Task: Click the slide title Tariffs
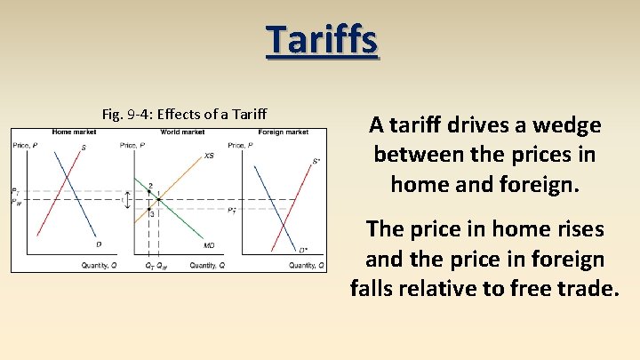(x=322, y=40)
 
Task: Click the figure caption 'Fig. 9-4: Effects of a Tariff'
(x=185, y=114)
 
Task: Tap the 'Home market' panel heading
(x=75, y=132)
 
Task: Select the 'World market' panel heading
(x=182, y=132)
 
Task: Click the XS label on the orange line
(x=209, y=156)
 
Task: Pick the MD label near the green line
(x=209, y=245)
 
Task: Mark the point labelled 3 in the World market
(x=152, y=213)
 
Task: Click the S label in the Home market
(x=84, y=148)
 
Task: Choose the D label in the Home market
(x=98, y=244)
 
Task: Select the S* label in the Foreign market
(x=316, y=162)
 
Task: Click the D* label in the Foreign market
(x=303, y=250)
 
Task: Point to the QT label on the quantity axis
(x=148, y=266)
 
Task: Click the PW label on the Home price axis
(x=15, y=202)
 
